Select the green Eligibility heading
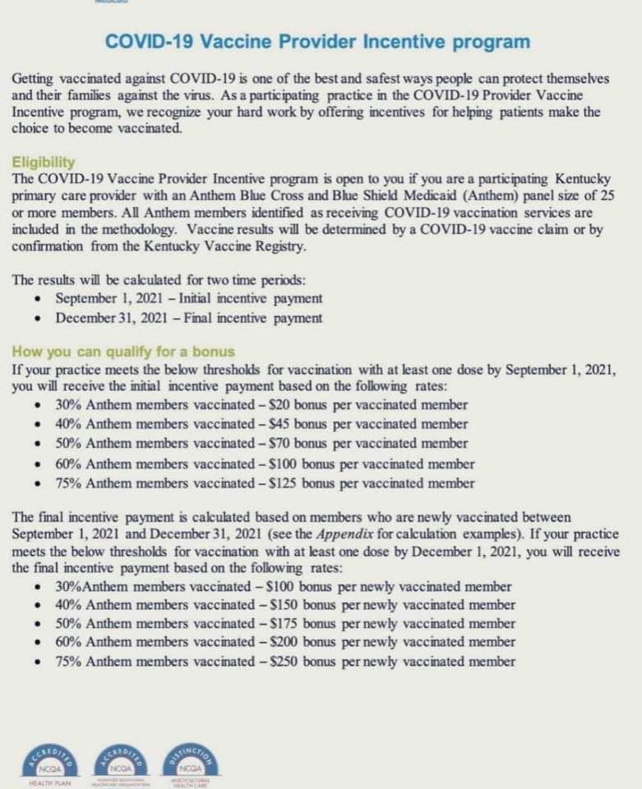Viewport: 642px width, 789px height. [44, 163]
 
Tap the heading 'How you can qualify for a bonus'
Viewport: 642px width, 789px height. [123, 351]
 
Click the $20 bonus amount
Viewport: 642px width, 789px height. [274, 405]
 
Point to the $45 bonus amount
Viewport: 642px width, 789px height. [274, 425]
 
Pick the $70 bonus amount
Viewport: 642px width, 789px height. [274, 444]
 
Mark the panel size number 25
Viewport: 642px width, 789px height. [606, 198]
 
